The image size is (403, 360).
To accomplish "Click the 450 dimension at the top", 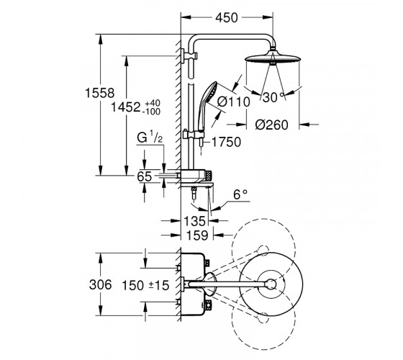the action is point(227,18).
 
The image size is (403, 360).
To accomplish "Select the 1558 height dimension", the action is point(100,93).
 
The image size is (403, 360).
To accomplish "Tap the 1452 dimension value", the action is point(126,107).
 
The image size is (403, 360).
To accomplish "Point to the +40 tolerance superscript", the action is point(153,104).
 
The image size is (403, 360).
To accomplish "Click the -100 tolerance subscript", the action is point(152,112).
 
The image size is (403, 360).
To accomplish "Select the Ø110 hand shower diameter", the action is point(233,102).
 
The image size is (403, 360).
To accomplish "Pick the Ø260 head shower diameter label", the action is point(272,125).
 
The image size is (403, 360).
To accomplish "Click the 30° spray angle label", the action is point(273,97).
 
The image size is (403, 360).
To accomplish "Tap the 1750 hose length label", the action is point(226,142).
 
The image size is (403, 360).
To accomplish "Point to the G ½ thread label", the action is point(150,137).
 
